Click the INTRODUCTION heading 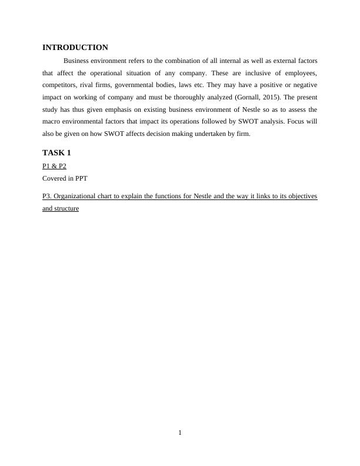click(75, 48)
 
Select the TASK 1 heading click(56, 153)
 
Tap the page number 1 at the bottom click(180, 433)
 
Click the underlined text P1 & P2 click(54, 166)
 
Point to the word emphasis click(112, 109)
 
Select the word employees click(301, 73)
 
